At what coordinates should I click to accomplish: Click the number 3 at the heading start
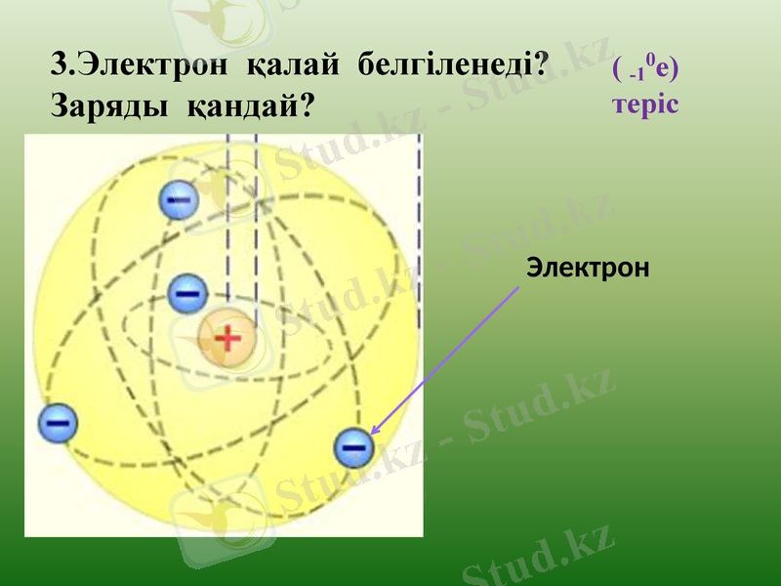coord(59,65)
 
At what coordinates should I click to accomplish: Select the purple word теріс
coord(644,103)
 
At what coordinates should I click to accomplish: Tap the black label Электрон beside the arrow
coord(587,266)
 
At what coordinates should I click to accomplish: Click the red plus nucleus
coord(226,339)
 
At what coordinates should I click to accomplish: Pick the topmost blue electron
coord(180,201)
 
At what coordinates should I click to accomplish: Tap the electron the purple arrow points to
coord(353,447)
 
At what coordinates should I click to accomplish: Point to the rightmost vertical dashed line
coord(419,234)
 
